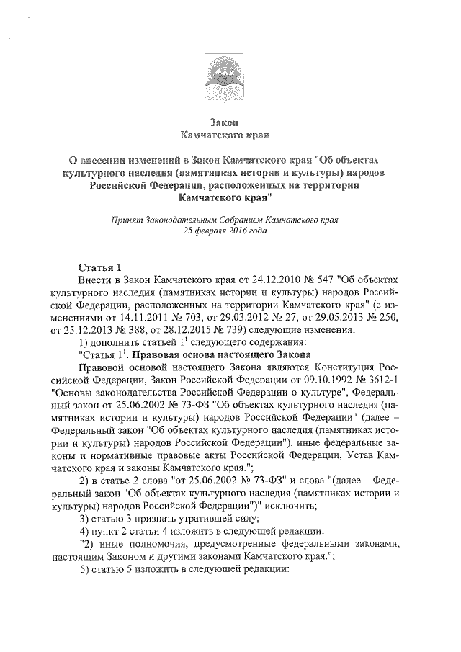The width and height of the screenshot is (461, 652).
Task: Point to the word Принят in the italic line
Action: click(x=120, y=219)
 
